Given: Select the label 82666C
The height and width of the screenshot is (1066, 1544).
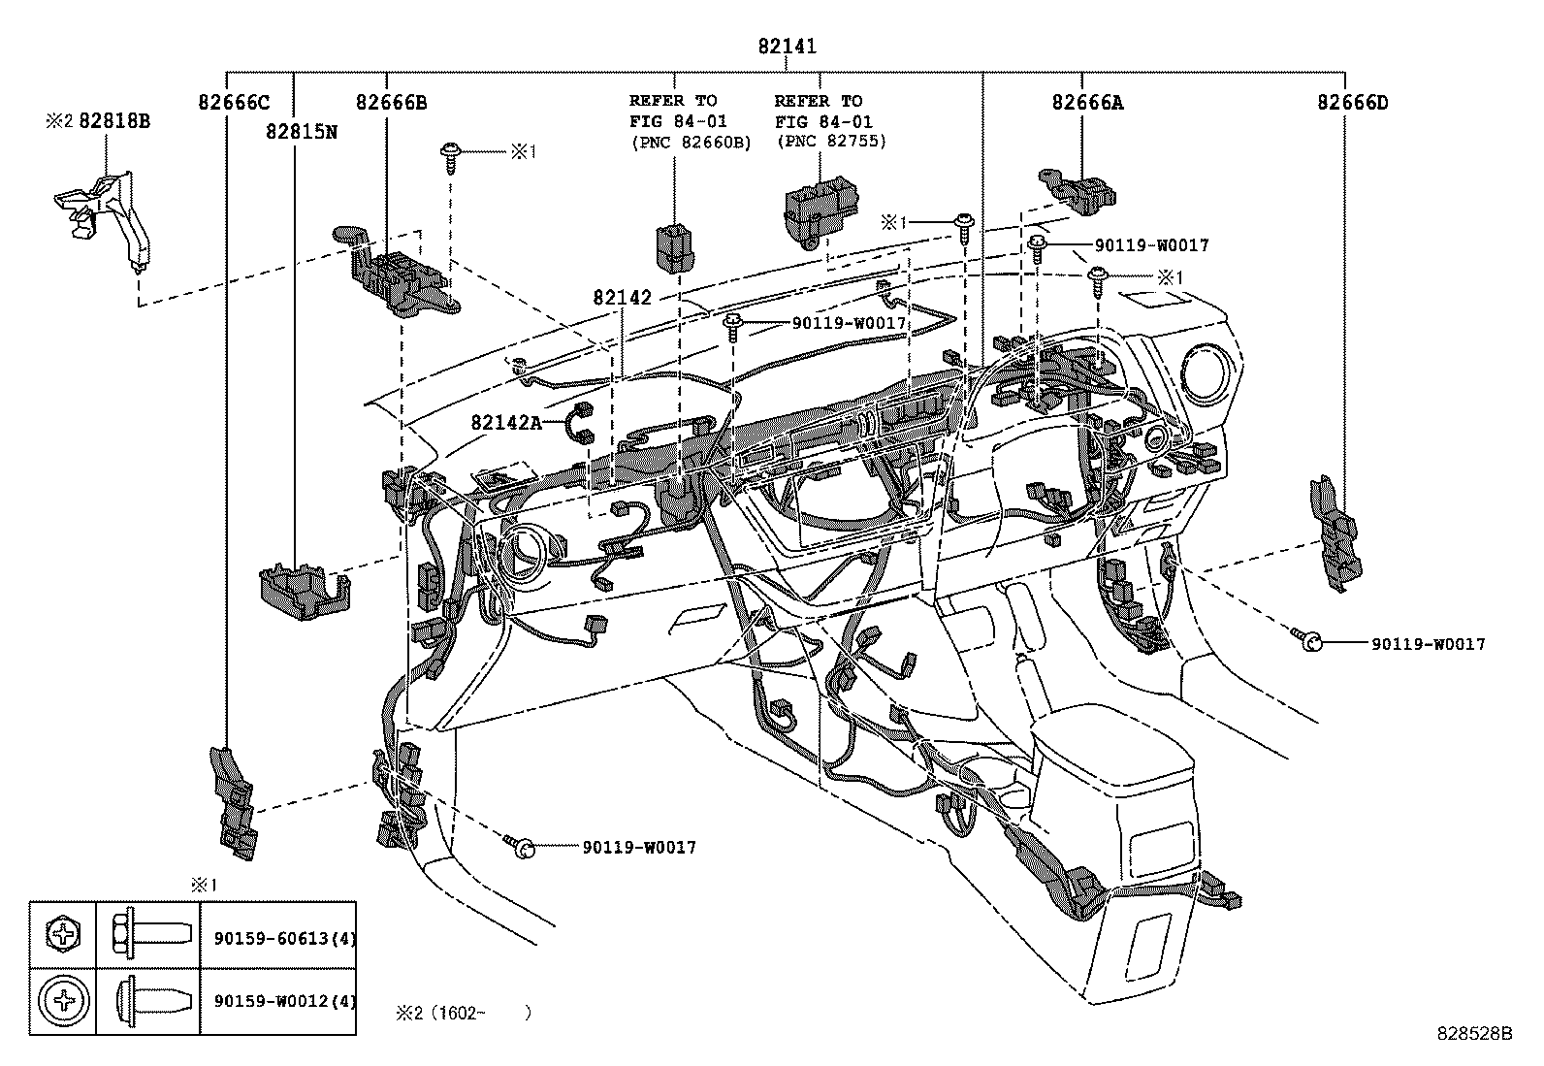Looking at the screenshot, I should click(x=234, y=102).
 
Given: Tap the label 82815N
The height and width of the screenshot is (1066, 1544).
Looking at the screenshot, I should click(x=301, y=132).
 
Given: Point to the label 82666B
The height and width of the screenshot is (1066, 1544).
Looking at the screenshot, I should click(x=391, y=102).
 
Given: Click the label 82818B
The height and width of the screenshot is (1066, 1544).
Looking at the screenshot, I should click(x=113, y=121).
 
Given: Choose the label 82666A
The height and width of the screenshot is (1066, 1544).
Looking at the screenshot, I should click(x=1087, y=102).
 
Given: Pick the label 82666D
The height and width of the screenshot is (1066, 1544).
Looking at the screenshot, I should click(x=1352, y=102).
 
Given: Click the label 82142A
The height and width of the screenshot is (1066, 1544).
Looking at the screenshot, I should click(x=506, y=422).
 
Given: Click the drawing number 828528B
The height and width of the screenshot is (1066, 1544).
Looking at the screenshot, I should click(x=1474, y=1034).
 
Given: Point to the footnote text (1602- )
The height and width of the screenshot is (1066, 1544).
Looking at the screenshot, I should click(x=464, y=1013).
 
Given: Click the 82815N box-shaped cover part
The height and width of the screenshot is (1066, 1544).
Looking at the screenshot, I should click(x=302, y=588).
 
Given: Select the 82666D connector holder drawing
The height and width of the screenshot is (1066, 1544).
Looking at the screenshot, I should click(x=1334, y=533).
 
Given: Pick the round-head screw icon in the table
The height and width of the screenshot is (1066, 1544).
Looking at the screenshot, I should click(x=64, y=1000).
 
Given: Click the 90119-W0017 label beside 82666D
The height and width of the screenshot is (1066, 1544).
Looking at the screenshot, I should click(x=1427, y=644).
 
